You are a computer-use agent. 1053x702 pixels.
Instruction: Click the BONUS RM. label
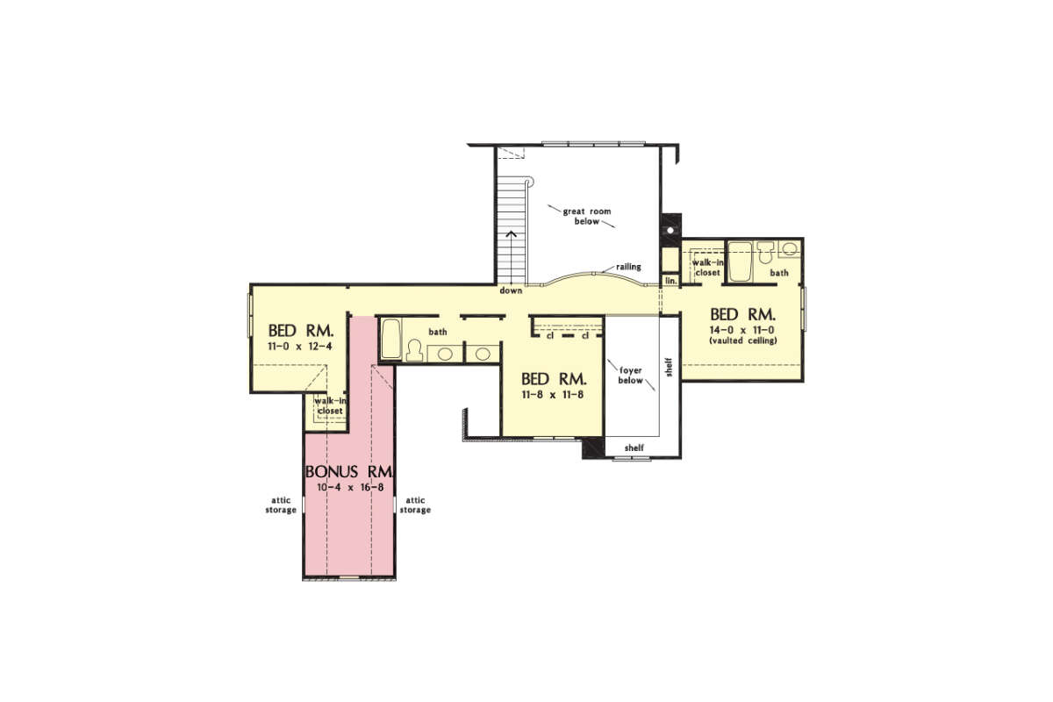click(x=350, y=471)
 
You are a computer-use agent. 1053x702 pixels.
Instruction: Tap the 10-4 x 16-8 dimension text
click(x=350, y=488)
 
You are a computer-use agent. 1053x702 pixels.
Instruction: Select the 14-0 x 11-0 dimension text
click(x=741, y=330)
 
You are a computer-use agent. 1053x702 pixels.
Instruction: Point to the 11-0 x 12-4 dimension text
click(x=300, y=347)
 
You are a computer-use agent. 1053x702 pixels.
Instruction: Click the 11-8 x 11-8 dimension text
click(x=553, y=395)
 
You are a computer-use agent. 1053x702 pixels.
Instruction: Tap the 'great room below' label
click(x=587, y=216)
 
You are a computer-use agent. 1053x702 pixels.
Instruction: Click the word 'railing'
click(x=628, y=267)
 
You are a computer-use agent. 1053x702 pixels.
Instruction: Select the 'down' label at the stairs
click(x=511, y=290)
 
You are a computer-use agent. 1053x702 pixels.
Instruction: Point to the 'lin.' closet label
click(x=670, y=281)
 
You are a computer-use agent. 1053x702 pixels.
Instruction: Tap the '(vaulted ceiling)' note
click(x=742, y=340)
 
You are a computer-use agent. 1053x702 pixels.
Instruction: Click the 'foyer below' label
click(x=630, y=376)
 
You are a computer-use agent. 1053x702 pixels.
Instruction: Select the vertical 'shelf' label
click(x=670, y=367)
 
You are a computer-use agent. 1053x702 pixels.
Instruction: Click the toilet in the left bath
click(x=414, y=351)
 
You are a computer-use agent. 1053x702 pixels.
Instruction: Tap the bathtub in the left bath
click(x=391, y=339)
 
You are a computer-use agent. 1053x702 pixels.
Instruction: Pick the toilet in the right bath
click(x=766, y=252)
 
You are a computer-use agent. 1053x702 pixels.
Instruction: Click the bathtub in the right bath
click(x=741, y=261)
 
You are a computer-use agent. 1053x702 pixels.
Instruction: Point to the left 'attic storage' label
click(x=281, y=505)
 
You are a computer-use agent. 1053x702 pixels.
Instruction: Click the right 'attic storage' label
click(x=415, y=505)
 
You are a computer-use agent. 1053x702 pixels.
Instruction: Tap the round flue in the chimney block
click(x=670, y=231)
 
